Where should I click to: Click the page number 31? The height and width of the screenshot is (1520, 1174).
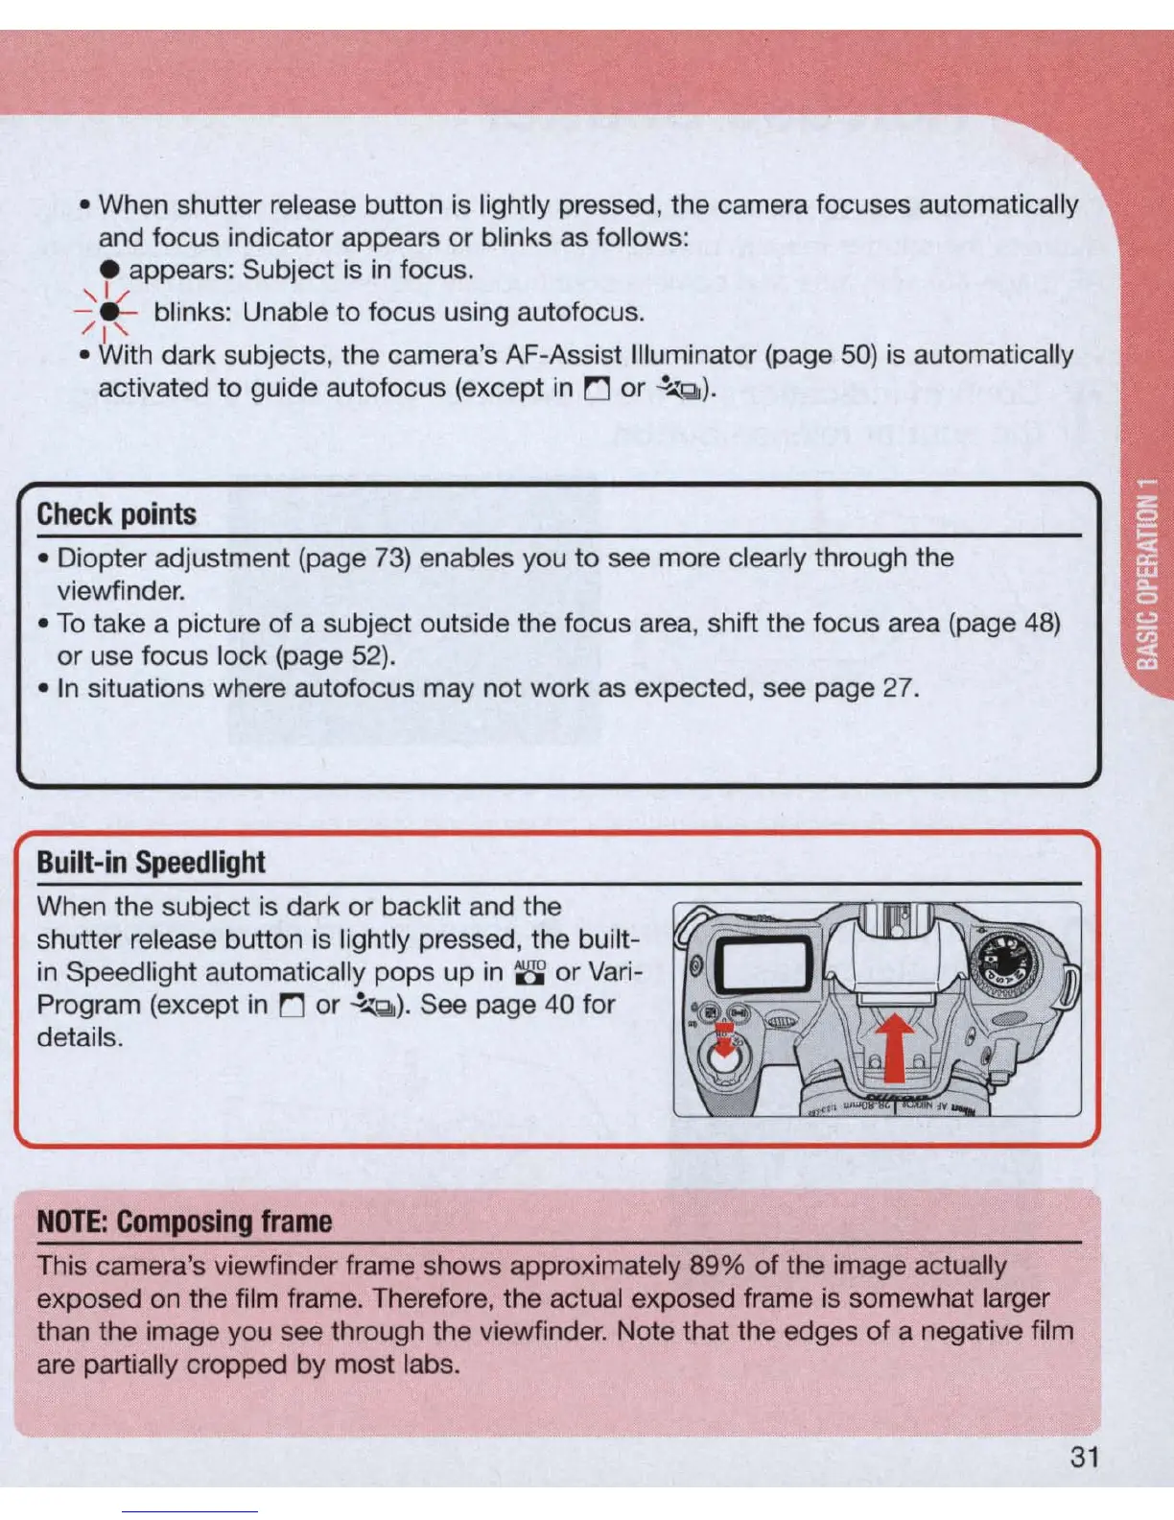pyautogui.click(x=1084, y=1457)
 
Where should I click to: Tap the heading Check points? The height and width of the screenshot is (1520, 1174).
pyautogui.click(x=116, y=514)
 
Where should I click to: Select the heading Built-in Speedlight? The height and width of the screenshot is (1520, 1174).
pyautogui.click(x=151, y=862)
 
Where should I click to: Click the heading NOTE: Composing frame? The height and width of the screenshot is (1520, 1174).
pyautogui.click(x=184, y=1222)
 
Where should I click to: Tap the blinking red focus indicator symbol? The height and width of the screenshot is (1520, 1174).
pyautogui.click(x=111, y=312)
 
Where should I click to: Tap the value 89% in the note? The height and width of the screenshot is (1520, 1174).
pyautogui.click(x=717, y=1266)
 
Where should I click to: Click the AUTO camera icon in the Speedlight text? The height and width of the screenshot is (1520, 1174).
pyautogui.click(x=529, y=972)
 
